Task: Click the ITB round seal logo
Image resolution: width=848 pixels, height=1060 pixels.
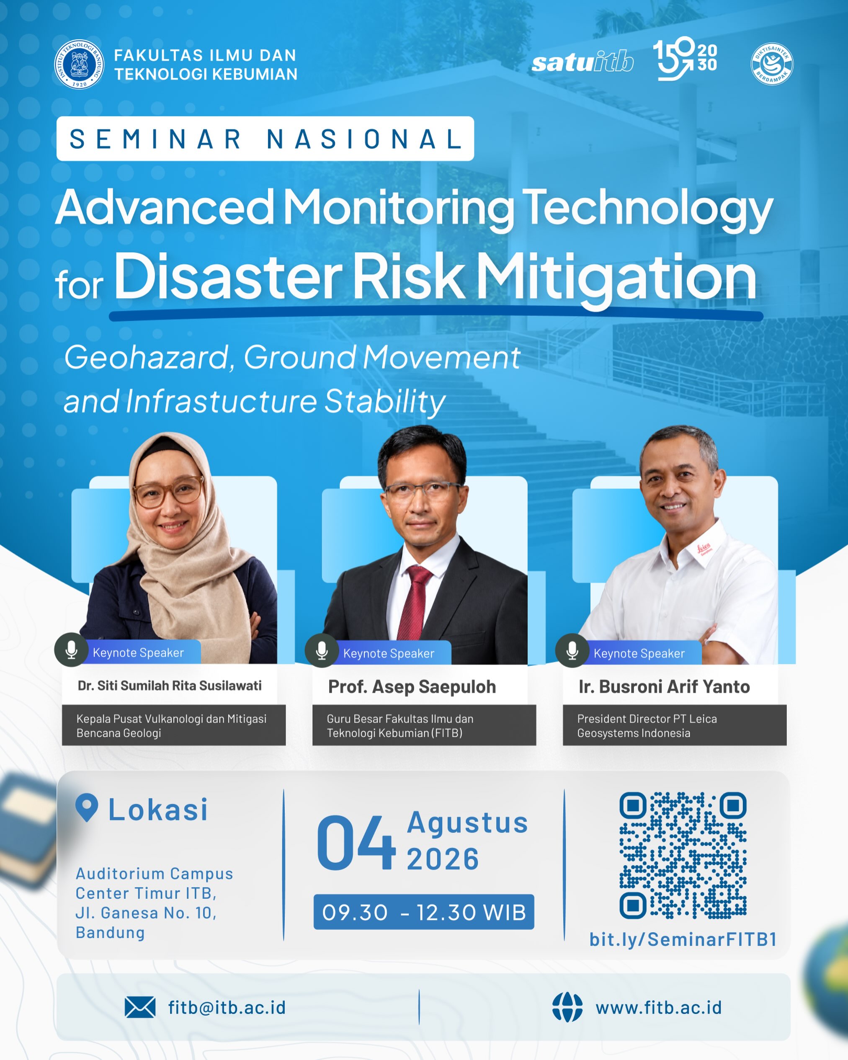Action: tap(79, 64)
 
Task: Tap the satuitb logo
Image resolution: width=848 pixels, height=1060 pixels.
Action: tap(583, 62)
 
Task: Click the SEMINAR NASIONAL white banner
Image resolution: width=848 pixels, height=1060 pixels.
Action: tap(265, 139)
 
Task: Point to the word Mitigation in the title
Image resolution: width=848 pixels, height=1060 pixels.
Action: tap(616, 278)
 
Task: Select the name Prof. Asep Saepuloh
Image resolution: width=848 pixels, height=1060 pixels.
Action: tap(412, 687)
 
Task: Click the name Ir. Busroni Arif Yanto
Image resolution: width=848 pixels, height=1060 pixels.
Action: tap(664, 687)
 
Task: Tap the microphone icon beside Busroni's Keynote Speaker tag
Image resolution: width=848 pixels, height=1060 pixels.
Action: tap(572, 650)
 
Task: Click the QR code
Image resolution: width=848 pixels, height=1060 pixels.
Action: tap(683, 856)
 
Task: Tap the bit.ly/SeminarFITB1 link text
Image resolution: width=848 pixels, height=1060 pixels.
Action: tap(683, 939)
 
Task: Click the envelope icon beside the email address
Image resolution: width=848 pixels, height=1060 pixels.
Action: tap(140, 1007)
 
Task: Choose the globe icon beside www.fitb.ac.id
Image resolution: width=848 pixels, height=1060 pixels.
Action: tap(567, 1007)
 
